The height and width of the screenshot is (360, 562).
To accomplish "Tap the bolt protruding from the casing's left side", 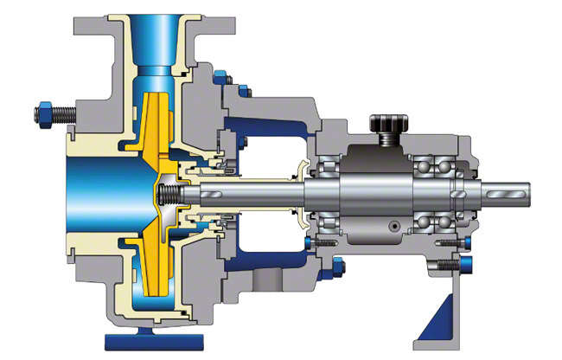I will click(x=48, y=112).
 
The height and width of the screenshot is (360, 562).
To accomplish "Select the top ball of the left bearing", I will click(x=329, y=161).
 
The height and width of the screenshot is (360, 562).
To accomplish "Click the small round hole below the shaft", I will click(x=394, y=226).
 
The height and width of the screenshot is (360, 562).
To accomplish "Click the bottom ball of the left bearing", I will click(x=329, y=222).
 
